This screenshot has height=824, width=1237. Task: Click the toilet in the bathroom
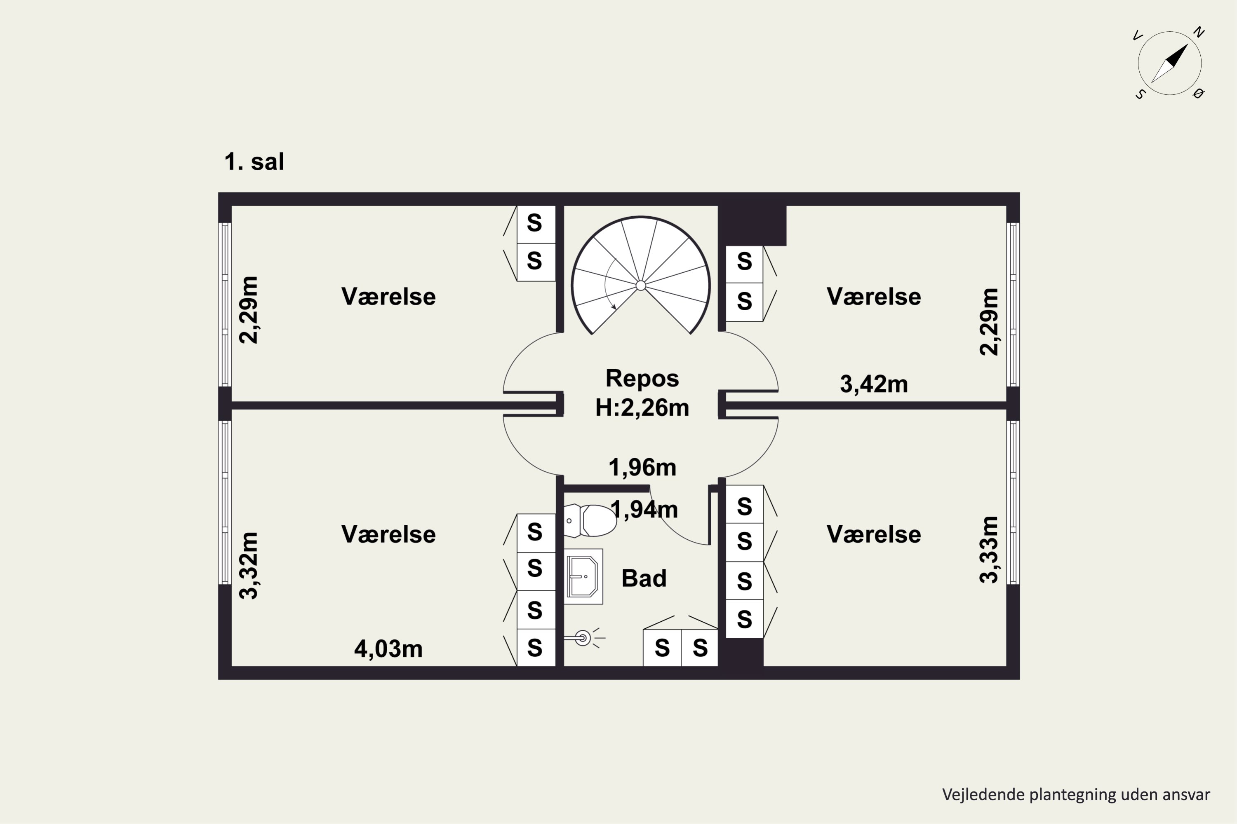pyautogui.click(x=590, y=520)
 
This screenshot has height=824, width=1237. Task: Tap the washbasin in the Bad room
pyautogui.click(x=583, y=576)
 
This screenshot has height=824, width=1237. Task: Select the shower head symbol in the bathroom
pyautogui.click(x=584, y=638)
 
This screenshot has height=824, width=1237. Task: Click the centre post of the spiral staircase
pyautogui.click(x=641, y=286)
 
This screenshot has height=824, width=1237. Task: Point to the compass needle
pyautogui.click(x=1170, y=63)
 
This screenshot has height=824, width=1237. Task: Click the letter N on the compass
pyautogui.click(x=1199, y=33)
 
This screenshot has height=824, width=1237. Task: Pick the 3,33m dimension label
pyautogui.click(x=989, y=550)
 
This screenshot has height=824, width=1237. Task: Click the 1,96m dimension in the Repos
pyautogui.click(x=642, y=468)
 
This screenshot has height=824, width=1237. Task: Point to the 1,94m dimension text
pyautogui.click(x=644, y=510)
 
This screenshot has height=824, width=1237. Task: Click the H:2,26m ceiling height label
pyautogui.click(x=642, y=408)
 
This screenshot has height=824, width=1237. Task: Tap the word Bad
pyautogui.click(x=644, y=578)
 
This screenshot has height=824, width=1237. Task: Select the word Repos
pyautogui.click(x=642, y=378)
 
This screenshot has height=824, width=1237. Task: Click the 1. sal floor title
pyautogui.click(x=254, y=162)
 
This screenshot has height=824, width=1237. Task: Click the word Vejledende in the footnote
pyautogui.click(x=984, y=795)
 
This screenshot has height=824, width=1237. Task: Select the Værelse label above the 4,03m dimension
pyautogui.click(x=389, y=534)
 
